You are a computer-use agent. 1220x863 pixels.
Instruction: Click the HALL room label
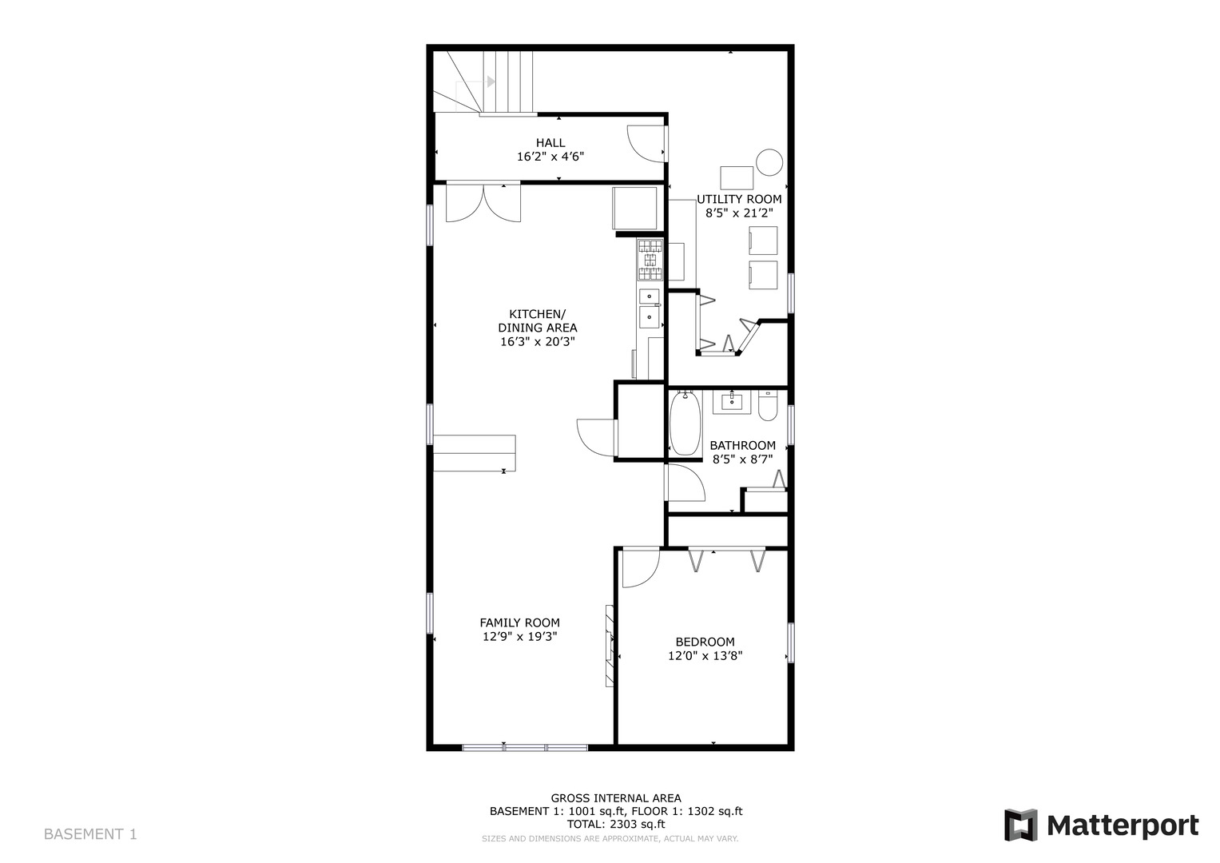click(x=550, y=143)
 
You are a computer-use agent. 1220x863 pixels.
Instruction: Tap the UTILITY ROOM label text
click(x=739, y=199)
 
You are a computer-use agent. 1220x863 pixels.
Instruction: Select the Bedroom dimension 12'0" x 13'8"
click(x=705, y=656)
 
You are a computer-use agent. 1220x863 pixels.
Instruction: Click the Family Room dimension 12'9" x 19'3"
click(x=519, y=637)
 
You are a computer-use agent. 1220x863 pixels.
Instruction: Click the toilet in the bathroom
click(x=768, y=407)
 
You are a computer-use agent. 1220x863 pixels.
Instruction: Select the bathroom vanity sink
click(x=733, y=401)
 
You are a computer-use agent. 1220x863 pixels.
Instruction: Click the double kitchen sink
click(x=650, y=308)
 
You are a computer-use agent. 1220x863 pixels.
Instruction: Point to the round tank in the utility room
click(x=770, y=162)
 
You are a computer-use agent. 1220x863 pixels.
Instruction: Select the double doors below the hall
click(x=483, y=202)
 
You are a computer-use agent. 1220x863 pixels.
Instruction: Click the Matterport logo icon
click(x=1020, y=825)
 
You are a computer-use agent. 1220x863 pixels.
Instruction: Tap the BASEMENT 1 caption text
click(x=90, y=834)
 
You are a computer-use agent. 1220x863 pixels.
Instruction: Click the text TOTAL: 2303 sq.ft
click(x=615, y=824)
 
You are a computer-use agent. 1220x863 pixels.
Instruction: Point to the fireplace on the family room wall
click(x=610, y=646)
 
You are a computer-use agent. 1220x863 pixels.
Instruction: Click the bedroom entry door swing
click(x=639, y=567)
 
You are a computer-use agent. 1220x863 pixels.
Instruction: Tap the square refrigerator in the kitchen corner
click(x=635, y=208)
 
